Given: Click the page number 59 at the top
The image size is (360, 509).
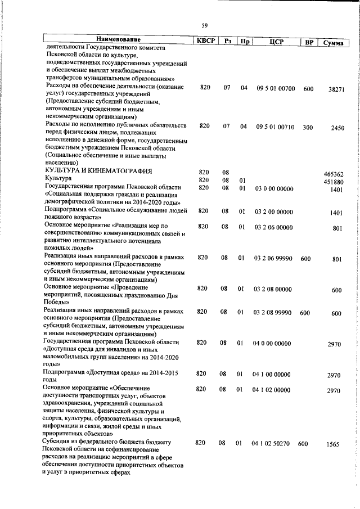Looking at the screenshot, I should click(x=205, y=24).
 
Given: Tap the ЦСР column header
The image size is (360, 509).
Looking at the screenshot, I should click(x=276, y=40).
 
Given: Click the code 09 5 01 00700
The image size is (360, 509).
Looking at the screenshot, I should click(x=276, y=88).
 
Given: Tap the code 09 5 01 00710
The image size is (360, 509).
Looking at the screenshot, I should click(x=276, y=127).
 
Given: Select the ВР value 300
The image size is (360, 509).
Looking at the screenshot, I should click(x=308, y=127).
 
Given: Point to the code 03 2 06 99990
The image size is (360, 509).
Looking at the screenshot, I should click(x=273, y=258).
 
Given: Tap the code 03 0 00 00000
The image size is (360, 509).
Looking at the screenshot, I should click(x=273, y=188).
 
